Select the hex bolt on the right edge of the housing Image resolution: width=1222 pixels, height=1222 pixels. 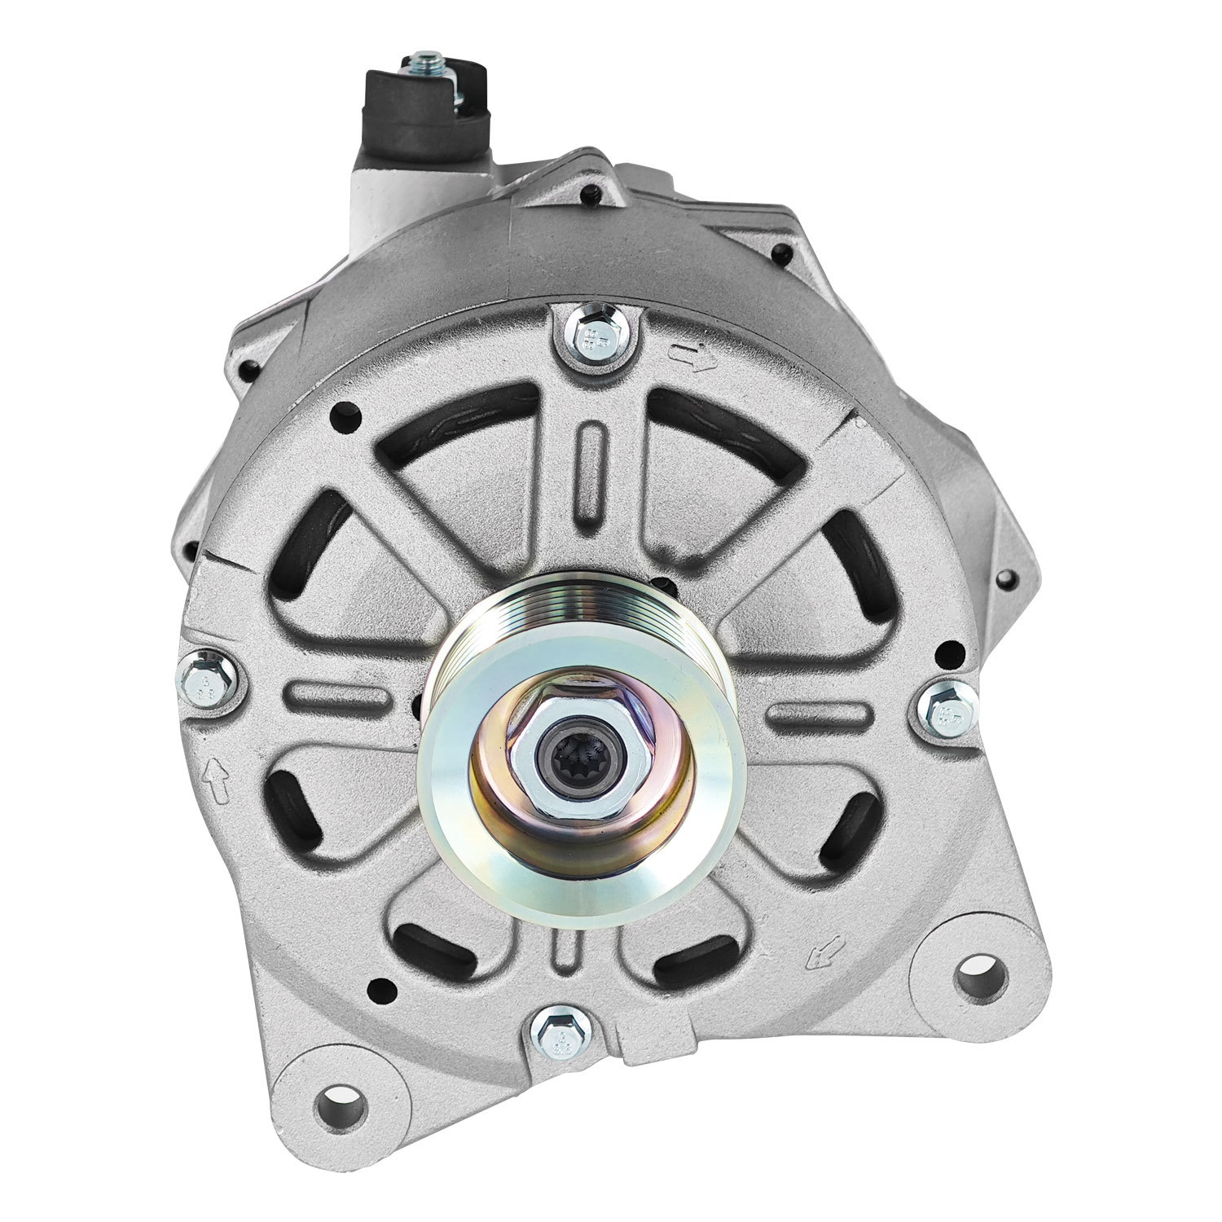[947, 715]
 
